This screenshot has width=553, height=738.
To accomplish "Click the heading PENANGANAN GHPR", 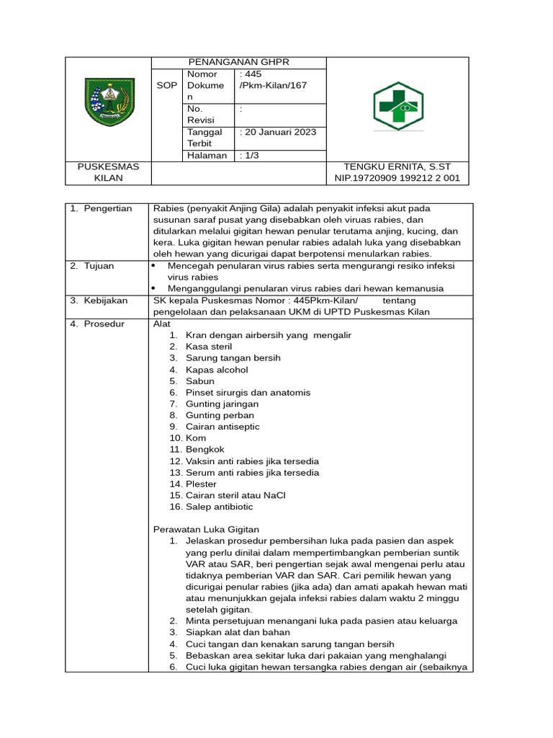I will [x=238, y=63].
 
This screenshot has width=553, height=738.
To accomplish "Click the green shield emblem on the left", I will [x=109, y=102].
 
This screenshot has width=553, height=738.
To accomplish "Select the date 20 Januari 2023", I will [x=278, y=132].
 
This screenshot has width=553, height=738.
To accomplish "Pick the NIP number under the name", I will [x=397, y=178].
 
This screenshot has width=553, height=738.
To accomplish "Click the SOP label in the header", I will [x=166, y=86].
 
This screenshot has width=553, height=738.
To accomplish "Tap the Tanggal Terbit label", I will [x=204, y=138].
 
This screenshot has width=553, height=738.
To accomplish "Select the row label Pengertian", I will [x=107, y=208].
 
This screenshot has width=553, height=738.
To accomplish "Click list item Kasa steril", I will [x=208, y=347].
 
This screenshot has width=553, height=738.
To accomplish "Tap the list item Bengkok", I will [x=204, y=450].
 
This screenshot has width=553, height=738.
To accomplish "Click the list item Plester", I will [x=201, y=484].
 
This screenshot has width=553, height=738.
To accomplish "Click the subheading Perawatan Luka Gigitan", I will [x=206, y=530].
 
